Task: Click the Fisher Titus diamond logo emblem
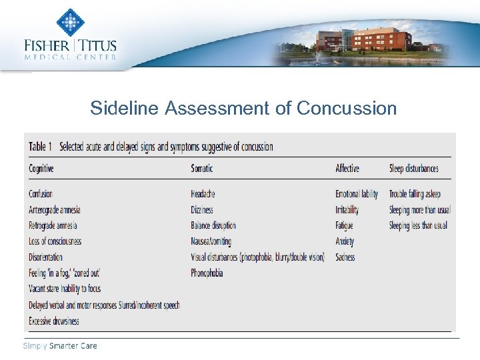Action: point(70,22)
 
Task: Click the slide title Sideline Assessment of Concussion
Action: point(243,108)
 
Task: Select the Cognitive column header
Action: point(41,169)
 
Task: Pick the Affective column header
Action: point(347,169)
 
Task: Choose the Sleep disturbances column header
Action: point(414,169)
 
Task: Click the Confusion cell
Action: point(41,194)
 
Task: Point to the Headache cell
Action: point(203,194)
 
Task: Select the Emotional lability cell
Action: point(357,194)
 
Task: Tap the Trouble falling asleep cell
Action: point(415,194)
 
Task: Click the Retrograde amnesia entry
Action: point(53,225)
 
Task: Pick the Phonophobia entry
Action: point(207,273)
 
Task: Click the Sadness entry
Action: point(345,257)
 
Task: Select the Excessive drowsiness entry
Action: point(54,321)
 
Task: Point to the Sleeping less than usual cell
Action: point(418,225)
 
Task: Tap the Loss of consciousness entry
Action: point(55,241)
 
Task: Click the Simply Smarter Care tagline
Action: point(60,345)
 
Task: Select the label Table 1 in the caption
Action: point(41,147)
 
